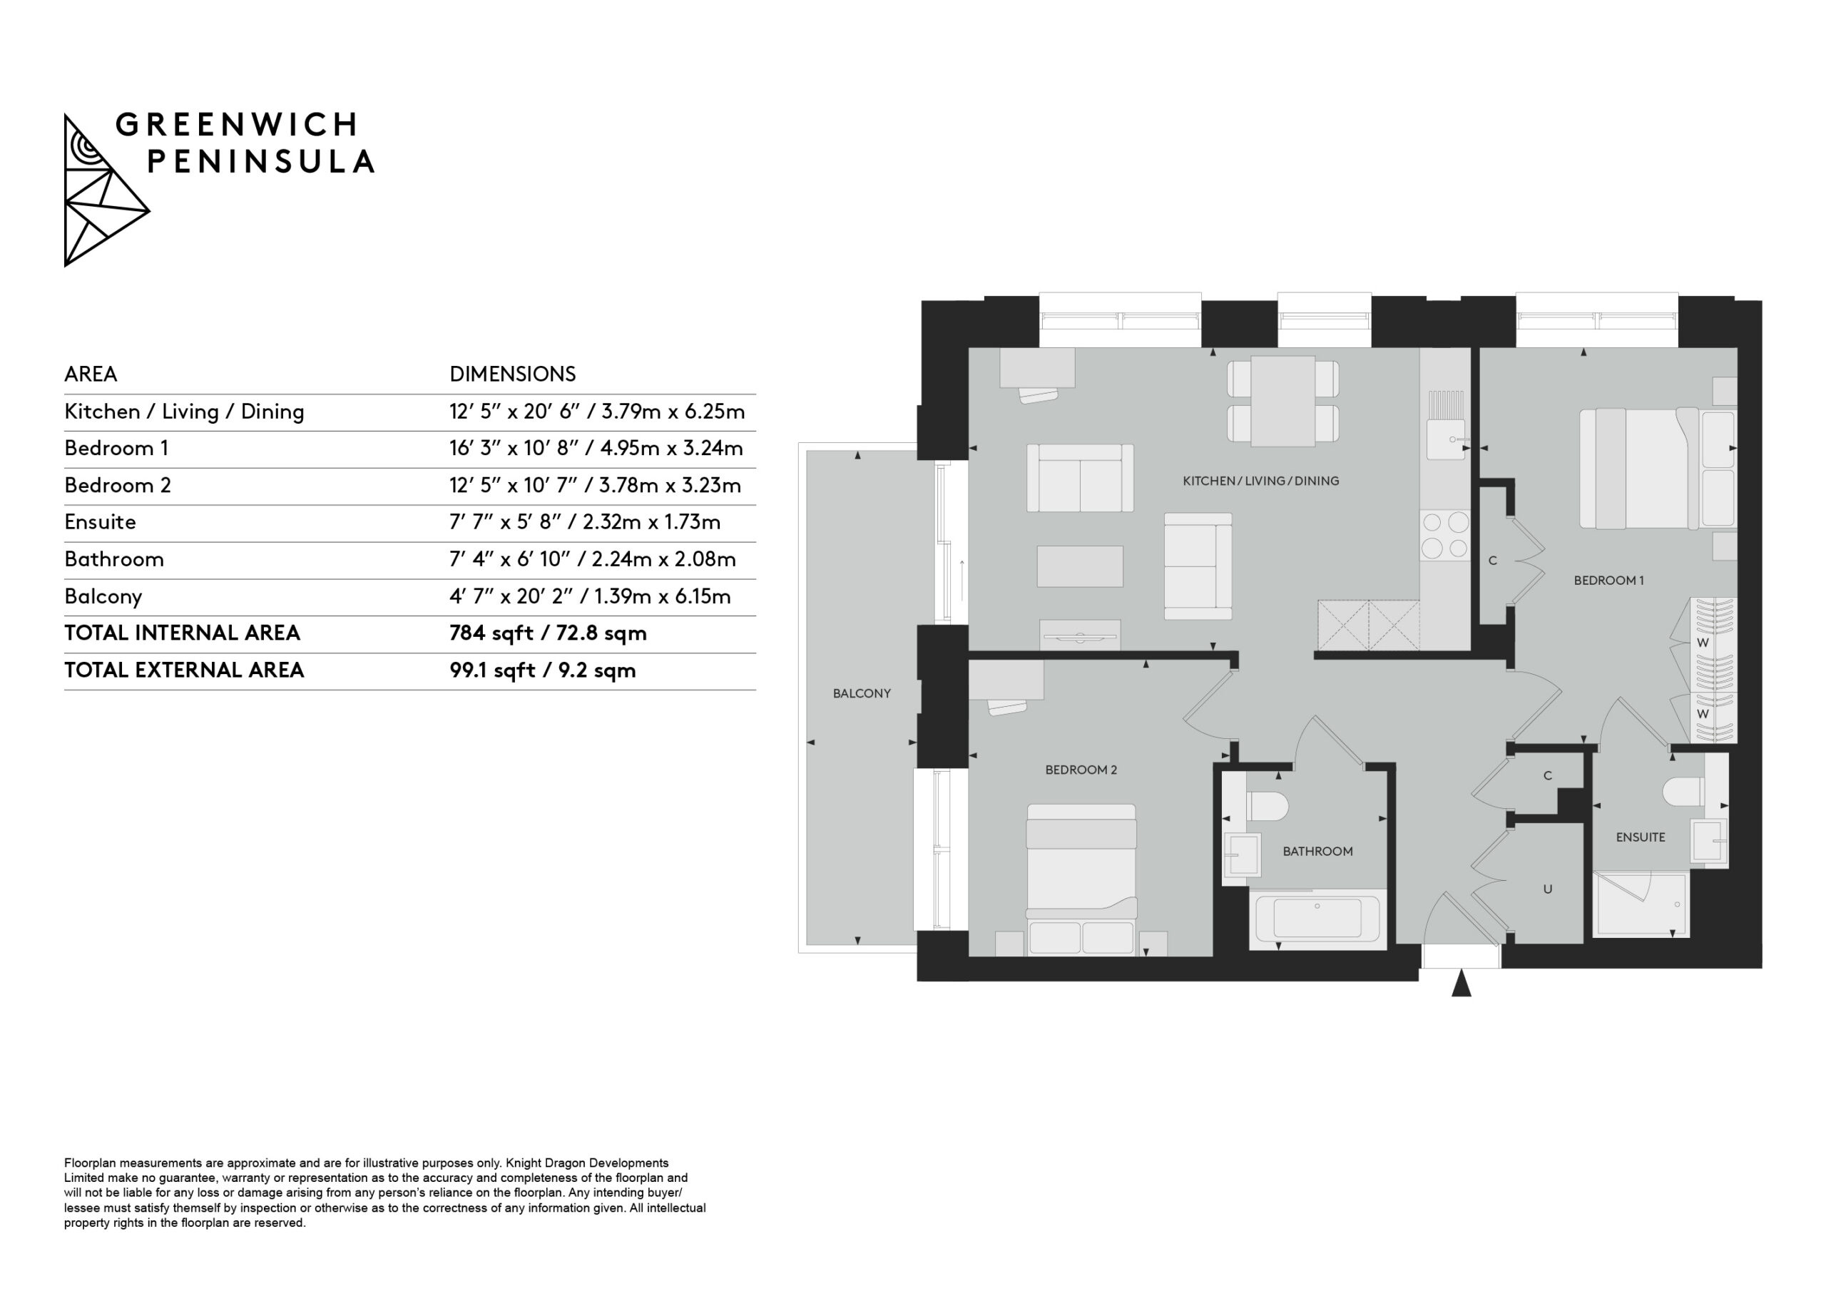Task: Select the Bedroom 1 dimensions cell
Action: click(596, 449)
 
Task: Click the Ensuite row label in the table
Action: click(100, 522)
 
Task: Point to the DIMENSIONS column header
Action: click(512, 374)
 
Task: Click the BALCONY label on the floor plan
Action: click(862, 693)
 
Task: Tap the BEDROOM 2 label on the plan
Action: click(1081, 770)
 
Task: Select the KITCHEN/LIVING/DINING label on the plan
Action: click(1260, 481)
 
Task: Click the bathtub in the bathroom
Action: click(1318, 919)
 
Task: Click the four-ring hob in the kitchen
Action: click(1445, 536)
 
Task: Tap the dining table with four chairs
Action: click(1282, 401)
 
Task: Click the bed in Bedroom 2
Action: click(1081, 879)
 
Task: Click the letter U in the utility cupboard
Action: click(1548, 889)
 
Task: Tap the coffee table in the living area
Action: click(1080, 566)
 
